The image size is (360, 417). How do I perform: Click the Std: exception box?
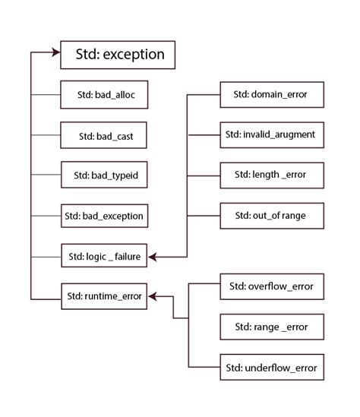(x=118, y=55)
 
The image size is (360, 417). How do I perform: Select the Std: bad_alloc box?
(x=103, y=95)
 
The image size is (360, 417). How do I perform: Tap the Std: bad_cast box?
(x=103, y=136)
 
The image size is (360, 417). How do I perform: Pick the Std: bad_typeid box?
(x=103, y=176)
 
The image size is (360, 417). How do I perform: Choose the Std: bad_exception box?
(x=103, y=216)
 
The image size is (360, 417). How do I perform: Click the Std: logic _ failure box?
(x=103, y=257)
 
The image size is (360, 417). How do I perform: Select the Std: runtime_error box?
(x=103, y=296)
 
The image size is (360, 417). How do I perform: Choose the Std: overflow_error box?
(x=270, y=287)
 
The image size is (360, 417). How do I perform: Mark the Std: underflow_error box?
(x=270, y=368)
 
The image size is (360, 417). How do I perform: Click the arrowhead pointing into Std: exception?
(x=55, y=52)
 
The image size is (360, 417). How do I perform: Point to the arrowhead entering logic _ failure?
(x=153, y=257)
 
